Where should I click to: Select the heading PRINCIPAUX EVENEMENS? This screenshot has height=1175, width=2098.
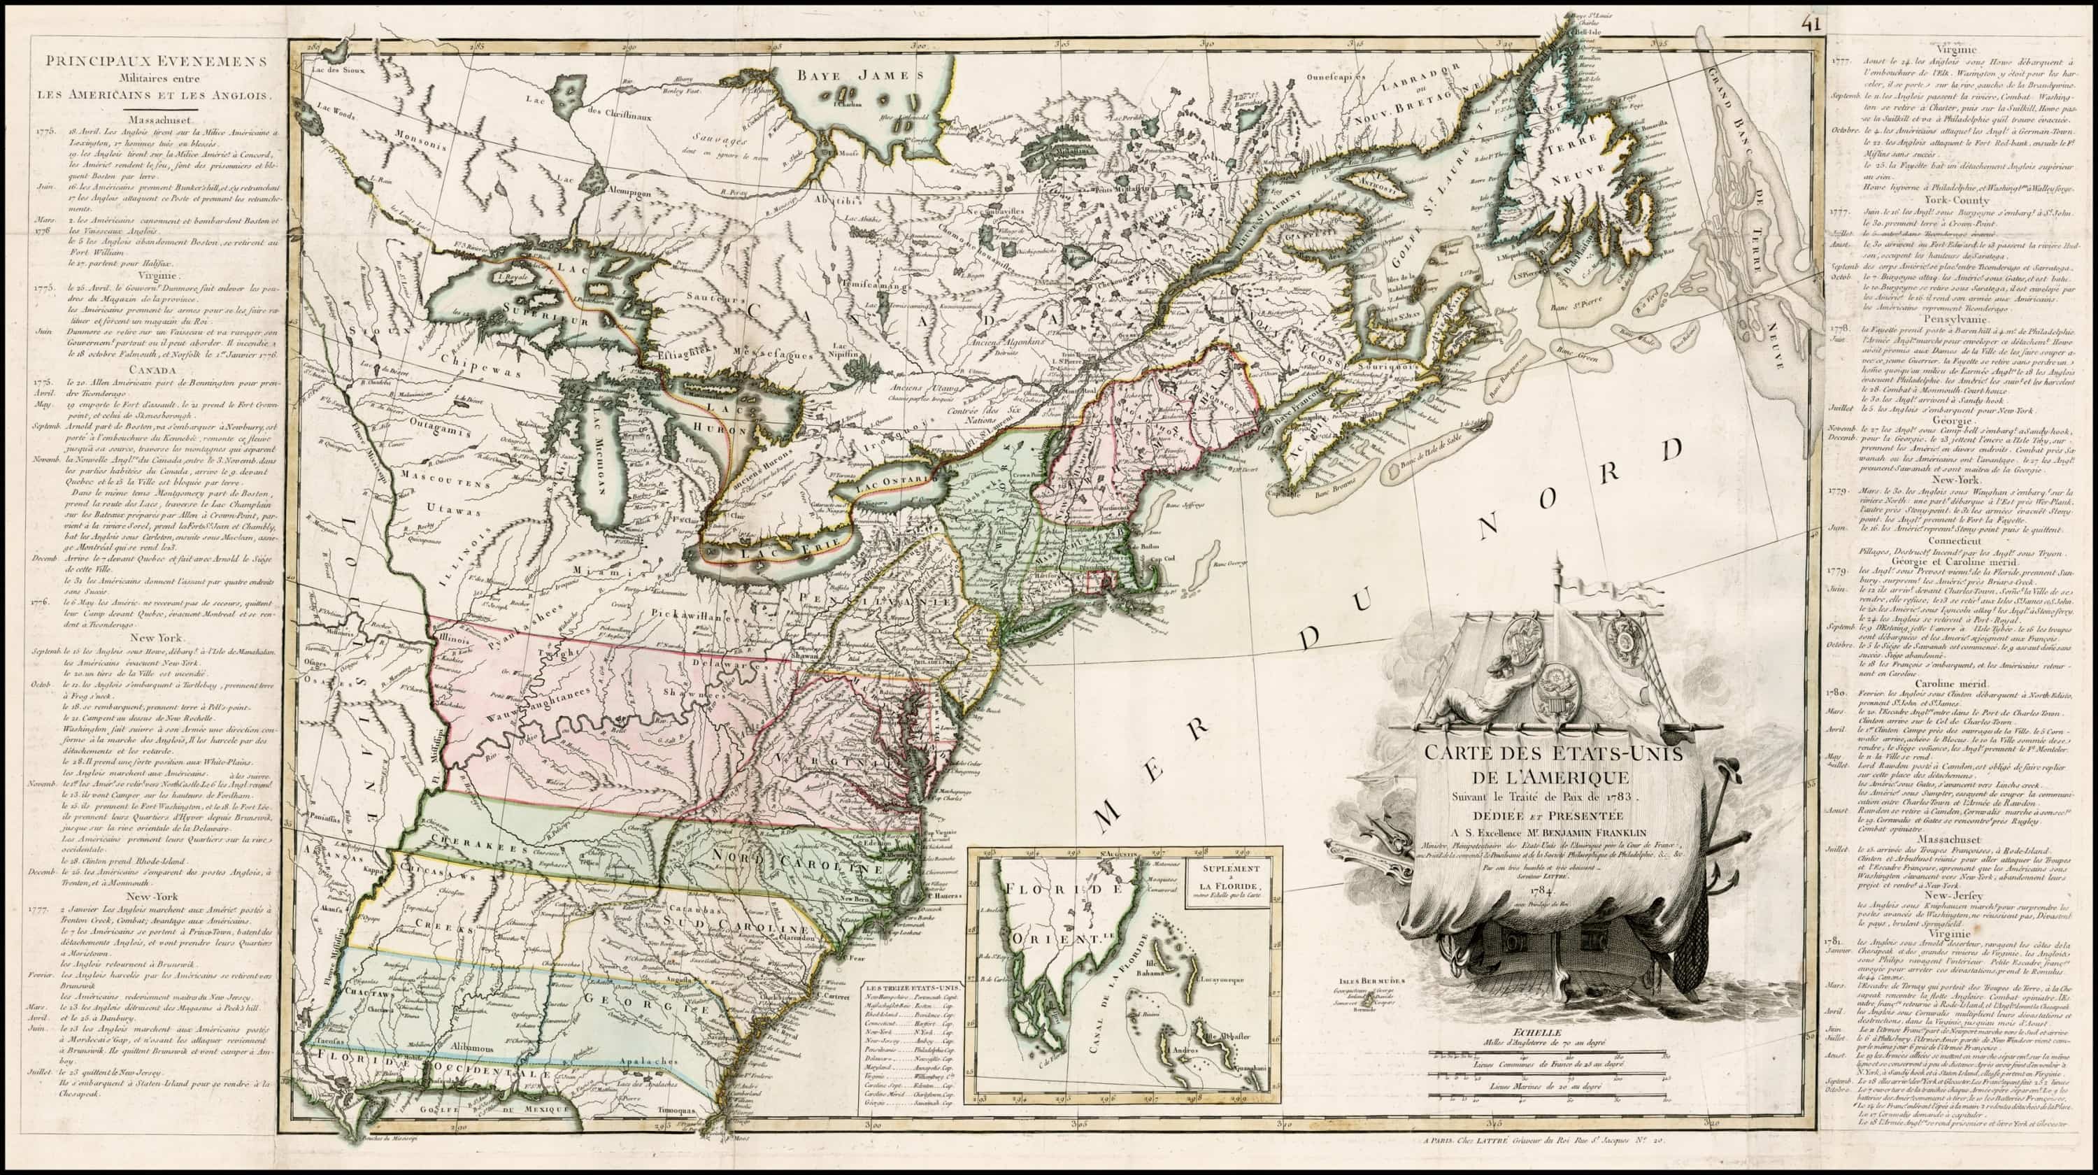tap(155, 62)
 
